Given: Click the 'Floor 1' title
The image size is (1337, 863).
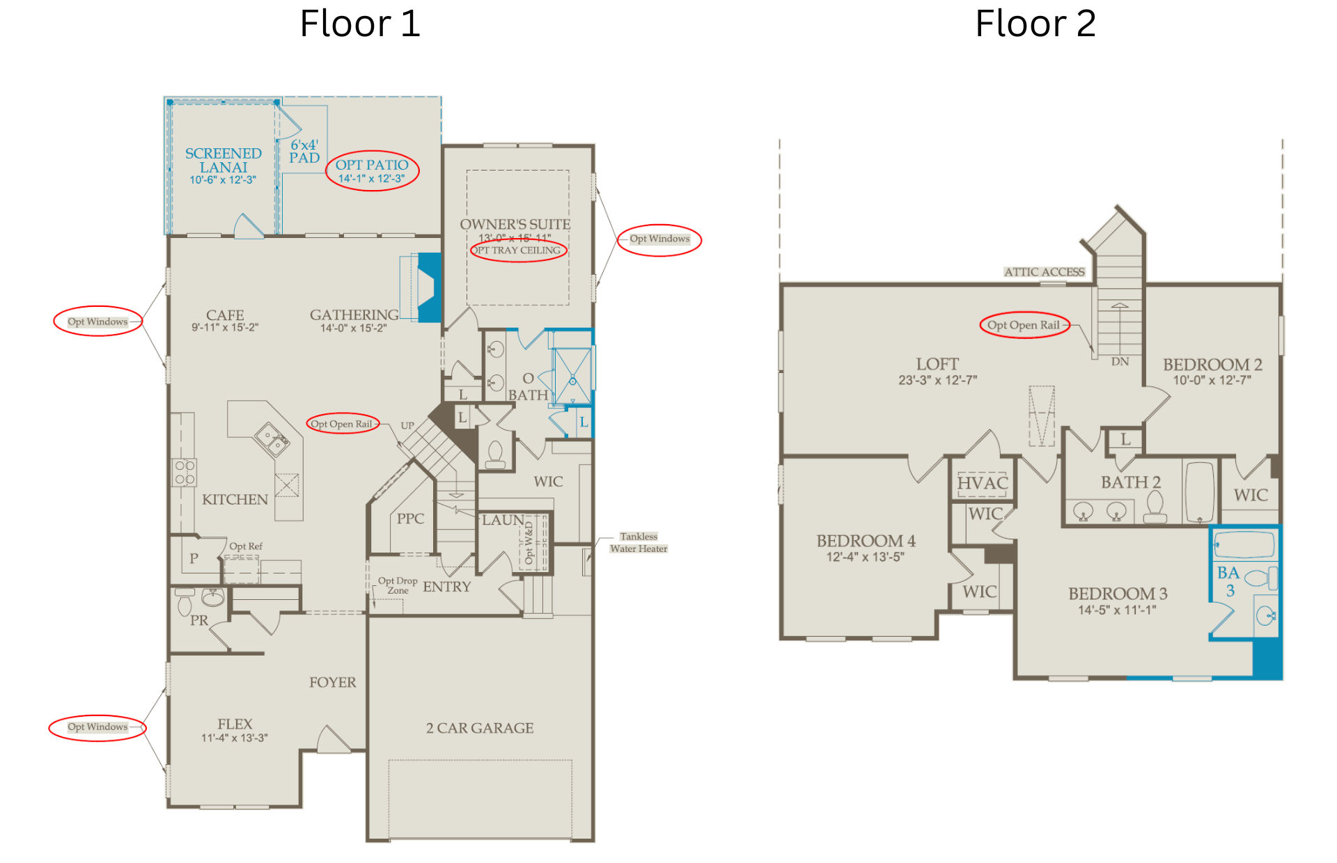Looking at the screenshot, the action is click(x=360, y=24).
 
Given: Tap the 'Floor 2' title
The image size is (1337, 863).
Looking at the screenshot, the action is click(x=1035, y=24).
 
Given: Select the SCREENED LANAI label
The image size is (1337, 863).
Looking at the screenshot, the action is click(x=223, y=160).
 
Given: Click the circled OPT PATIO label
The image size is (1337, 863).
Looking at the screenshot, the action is click(x=372, y=165).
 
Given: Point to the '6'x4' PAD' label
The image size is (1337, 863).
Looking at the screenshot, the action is click(x=304, y=151).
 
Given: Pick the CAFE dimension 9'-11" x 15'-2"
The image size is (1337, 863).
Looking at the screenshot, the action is click(x=225, y=328).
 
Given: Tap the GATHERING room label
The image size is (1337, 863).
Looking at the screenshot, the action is click(x=354, y=315).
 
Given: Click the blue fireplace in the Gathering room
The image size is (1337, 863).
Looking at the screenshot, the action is click(x=429, y=287).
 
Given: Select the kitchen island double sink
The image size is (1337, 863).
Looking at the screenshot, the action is click(x=272, y=439).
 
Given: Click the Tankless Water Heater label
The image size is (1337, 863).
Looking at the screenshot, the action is click(x=639, y=542).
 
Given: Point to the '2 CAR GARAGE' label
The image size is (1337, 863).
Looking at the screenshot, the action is click(x=480, y=728).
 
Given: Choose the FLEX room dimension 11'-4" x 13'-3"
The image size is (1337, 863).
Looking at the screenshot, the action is click(x=235, y=738).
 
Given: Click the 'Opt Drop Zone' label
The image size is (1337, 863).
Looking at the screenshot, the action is click(x=398, y=585).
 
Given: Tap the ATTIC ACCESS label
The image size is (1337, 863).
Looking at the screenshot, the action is click(x=1044, y=272).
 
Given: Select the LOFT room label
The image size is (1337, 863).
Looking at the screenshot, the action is click(x=937, y=364).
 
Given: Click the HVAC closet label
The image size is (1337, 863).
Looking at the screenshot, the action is click(x=983, y=483).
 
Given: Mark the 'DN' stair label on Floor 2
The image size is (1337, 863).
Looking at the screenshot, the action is click(x=1120, y=362).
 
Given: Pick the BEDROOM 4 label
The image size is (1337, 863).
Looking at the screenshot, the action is click(x=866, y=541).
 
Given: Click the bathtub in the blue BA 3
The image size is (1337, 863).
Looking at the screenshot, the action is click(x=1244, y=544).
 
